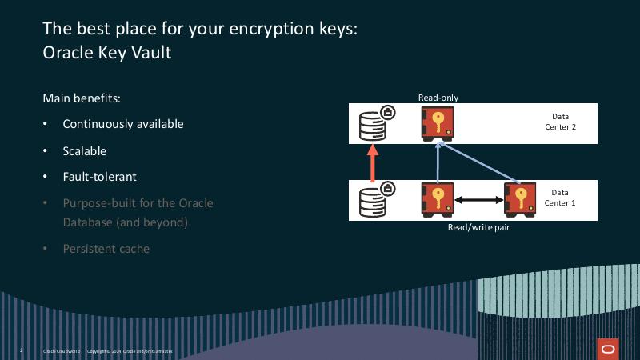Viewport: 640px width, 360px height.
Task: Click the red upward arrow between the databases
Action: (x=371, y=164)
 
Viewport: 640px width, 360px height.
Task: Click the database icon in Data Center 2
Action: (x=373, y=124)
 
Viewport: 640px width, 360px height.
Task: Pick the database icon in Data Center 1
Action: (x=373, y=201)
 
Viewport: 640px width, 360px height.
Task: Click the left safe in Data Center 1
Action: (x=438, y=200)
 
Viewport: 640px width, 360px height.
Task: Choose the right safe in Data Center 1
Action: (x=520, y=200)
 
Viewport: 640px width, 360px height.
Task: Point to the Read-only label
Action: (x=438, y=98)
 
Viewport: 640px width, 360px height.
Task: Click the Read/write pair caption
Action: (x=478, y=227)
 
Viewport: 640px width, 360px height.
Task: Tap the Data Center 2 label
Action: (x=560, y=122)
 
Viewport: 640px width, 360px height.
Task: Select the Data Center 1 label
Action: (x=560, y=198)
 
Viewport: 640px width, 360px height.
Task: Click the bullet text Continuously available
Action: (x=123, y=124)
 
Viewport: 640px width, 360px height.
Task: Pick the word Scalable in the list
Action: (x=85, y=150)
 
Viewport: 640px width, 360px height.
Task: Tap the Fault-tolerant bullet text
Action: (x=100, y=176)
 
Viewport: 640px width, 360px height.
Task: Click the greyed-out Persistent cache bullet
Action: (x=106, y=248)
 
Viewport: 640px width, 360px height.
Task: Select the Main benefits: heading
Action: (x=82, y=98)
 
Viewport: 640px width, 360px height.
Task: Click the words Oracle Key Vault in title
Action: (x=107, y=53)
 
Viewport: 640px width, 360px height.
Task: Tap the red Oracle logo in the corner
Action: (x=607, y=349)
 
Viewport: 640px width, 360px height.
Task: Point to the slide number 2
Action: (x=21, y=350)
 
